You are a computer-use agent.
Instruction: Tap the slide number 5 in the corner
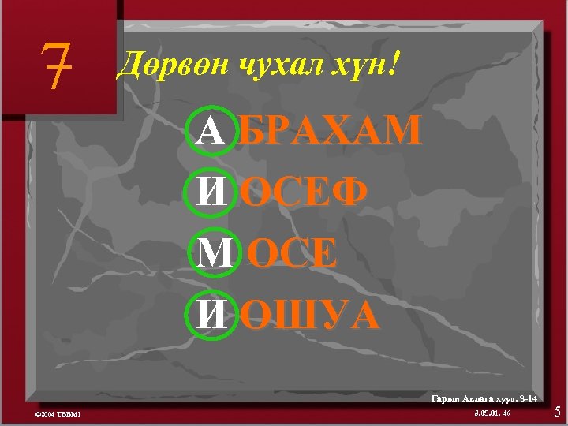click(x=557, y=411)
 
